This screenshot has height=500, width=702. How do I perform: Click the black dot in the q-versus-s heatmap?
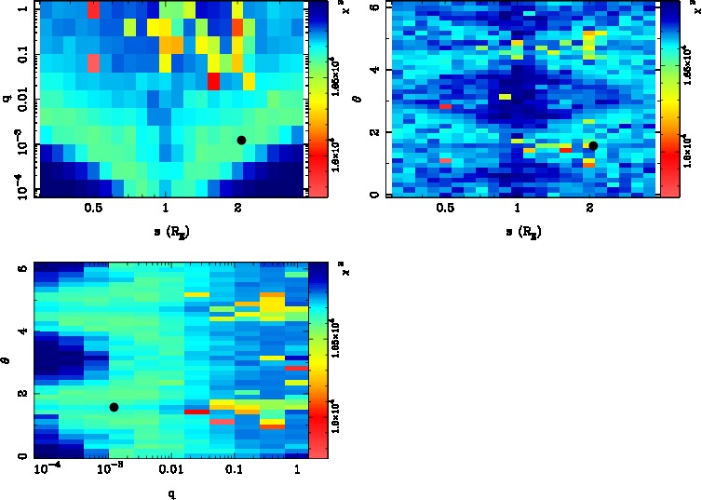[x=241, y=140]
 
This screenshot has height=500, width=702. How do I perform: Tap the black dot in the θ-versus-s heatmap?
[x=593, y=145]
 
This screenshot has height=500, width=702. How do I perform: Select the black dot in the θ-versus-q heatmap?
[x=114, y=407]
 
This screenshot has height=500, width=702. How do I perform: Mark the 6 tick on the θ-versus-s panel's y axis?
[x=372, y=7]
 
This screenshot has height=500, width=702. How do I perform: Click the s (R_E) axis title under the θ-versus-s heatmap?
[x=520, y=231]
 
